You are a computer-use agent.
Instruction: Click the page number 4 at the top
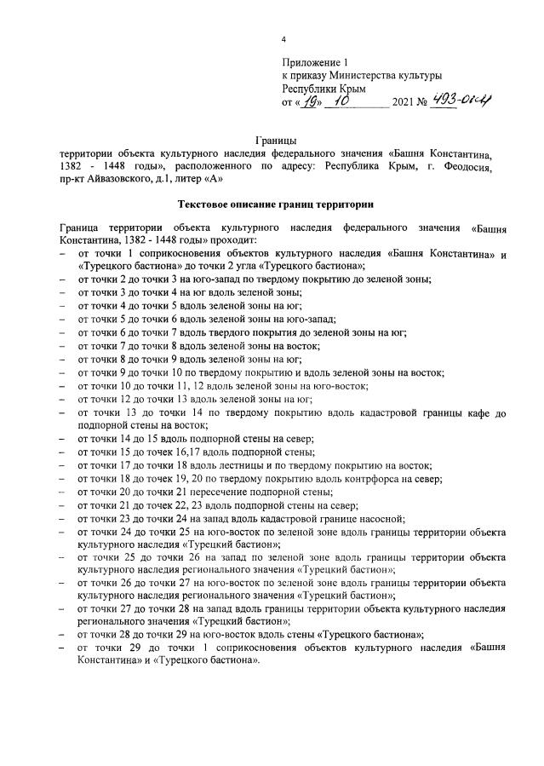pos(283,40)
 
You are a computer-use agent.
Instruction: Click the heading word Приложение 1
pos(316,63)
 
